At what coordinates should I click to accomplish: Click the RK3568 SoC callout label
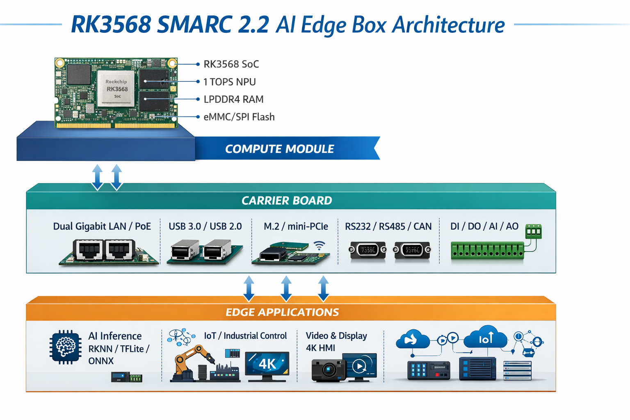click(x=231, y=64)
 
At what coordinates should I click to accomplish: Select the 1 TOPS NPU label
click(x=229, y=82)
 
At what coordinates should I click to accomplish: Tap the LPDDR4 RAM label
click(x=233, y=100)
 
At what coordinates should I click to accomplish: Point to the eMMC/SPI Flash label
click(x=239, y=117)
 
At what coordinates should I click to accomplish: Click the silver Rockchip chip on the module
click(x=116, y=87)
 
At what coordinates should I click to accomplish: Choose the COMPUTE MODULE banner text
click(x=279, y=149)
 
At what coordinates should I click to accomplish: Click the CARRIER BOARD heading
click(x=286, y=201)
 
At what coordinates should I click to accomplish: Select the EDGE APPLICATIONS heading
click(x=282, y=312)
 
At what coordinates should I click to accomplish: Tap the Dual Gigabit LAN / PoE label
click(x=102, y=226)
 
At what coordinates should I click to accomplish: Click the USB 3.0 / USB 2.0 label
click(x=205, y=226)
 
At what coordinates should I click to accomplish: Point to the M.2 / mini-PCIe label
click(x=296, y=226)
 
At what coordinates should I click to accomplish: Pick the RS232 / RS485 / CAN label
click(x=388, y=226)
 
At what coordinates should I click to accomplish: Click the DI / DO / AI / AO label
click(x=484, y=226)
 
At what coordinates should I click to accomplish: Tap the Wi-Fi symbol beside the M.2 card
click(x=319, y=246)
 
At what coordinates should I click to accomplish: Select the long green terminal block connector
click(x=487, y=251)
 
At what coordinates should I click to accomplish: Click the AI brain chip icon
click(x=65, y=347)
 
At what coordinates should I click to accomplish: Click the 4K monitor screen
click(x=267, y=364)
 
